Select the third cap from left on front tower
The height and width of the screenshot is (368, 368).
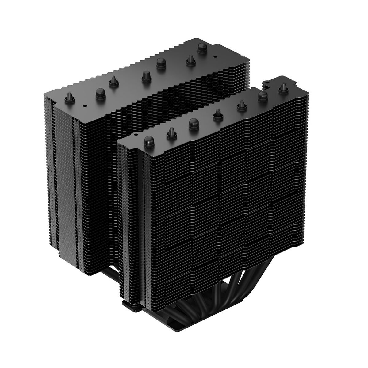pyautogui.click(x=194, y=124)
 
